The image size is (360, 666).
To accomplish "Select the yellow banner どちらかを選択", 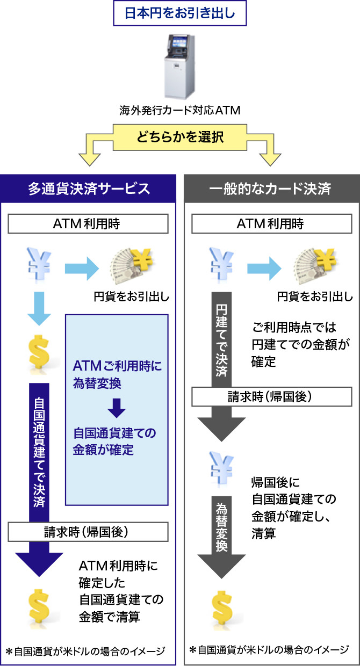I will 179,136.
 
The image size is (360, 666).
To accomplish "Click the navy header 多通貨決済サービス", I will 89,189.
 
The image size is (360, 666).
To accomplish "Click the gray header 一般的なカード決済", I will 271,189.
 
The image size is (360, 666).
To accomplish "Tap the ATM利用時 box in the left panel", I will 89,225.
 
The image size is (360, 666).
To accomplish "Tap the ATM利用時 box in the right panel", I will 271,225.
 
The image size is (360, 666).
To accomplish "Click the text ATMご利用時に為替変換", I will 117,375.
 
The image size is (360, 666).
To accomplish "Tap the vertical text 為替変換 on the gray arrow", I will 221,527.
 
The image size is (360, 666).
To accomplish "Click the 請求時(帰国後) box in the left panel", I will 89,532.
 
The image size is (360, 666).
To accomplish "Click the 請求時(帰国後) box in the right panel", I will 271,397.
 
